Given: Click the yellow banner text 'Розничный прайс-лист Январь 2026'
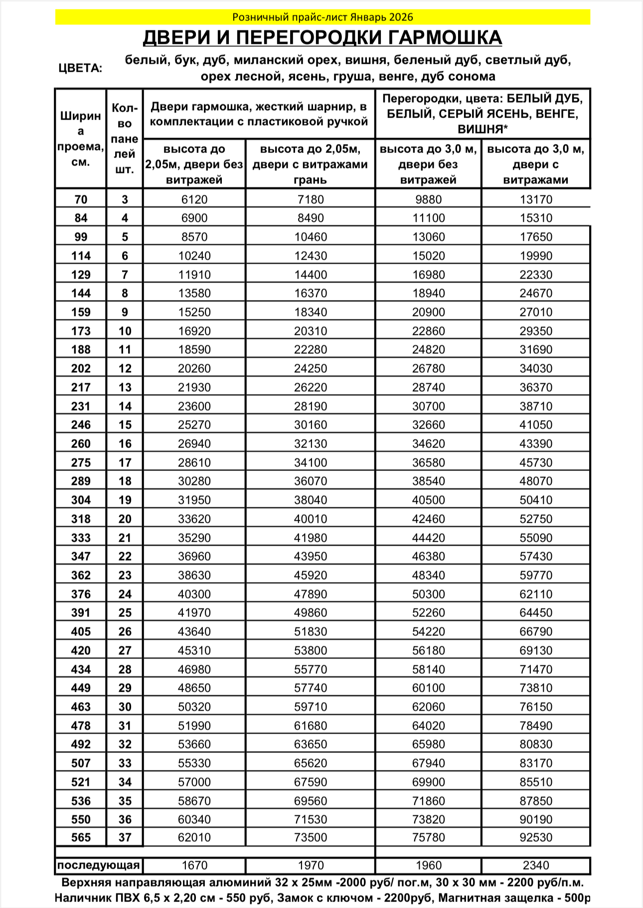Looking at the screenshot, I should (x=322, y=17).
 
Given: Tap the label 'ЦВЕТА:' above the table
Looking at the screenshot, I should (x=80, y=68).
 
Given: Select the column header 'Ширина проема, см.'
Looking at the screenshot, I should (x=80, y=139).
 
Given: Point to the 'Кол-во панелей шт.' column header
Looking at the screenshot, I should (x=125, y=139).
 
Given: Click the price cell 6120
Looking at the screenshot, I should (x=194, y=199).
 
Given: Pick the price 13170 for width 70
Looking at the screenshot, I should (x=536, y=199).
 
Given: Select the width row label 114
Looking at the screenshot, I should (x=81, y=256).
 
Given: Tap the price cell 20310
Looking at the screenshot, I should (x=311, y=331).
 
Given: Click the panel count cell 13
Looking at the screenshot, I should (x=125, y=387).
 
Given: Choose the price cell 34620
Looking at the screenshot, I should (x=428, y=444).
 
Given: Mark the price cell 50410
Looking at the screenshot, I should (x=536, y=500).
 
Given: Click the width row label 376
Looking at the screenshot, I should (x=81, y=594).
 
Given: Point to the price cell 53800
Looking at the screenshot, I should (x=311, y=650).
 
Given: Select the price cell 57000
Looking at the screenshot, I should (x=194, y=782).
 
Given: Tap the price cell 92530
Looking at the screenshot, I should (x=536, y=837).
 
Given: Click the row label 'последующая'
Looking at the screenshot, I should (x=99, y=865).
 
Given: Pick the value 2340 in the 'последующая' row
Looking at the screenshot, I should (x=536, y=866).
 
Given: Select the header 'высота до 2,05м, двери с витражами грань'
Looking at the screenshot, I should (x=310, y=164).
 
